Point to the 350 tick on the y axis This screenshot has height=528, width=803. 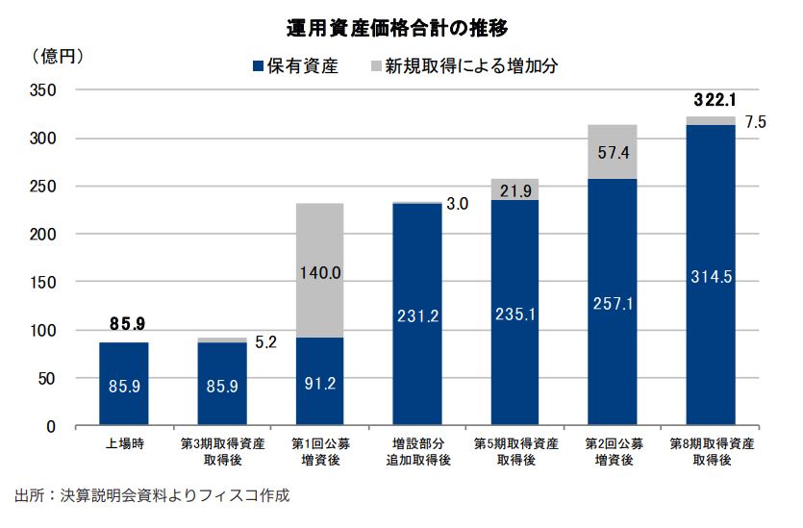coord(42,90)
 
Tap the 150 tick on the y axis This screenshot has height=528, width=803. coord(42,283)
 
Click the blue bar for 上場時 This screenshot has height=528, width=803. coord(124,384)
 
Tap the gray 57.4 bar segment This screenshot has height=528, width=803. coord(612,152)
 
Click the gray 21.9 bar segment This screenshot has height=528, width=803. coord(514,189)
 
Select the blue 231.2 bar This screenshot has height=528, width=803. coord(416,314)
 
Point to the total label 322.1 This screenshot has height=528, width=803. coord(714,100)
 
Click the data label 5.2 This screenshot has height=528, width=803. coord(265,340)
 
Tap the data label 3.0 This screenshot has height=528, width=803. coord(457,204)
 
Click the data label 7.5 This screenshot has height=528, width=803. coord(755,122)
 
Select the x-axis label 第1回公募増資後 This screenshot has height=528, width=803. coord(318,452)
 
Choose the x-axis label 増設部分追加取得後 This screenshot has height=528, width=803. coord(416,452)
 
